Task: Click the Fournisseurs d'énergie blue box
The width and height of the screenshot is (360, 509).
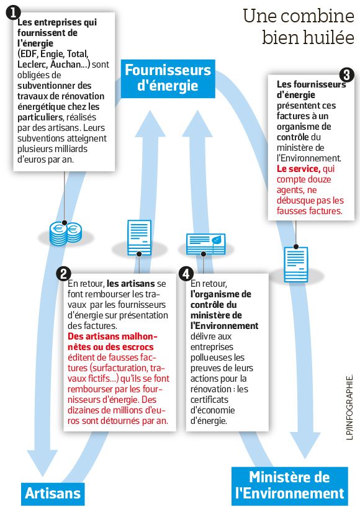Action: [168, 79]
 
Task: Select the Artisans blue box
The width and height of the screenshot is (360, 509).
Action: [53, 493]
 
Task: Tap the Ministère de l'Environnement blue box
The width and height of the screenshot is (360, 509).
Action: [290, 486]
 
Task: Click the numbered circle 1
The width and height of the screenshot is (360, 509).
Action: [13, 13]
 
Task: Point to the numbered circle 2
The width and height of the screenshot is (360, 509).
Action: [64, 274]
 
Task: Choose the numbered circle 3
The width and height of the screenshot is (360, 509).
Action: [346, 75]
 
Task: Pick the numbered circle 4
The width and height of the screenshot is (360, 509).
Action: [186, 274]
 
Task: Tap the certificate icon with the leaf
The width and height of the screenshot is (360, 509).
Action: [206, 244]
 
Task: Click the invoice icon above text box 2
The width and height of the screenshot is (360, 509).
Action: [139, 238]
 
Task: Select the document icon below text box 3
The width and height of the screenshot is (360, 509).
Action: [295, 264]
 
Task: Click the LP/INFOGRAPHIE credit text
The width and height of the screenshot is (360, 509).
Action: [349, 407]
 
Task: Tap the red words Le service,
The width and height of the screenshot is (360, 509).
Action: [299, 169]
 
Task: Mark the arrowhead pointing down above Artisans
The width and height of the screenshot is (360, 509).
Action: [42, 463]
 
